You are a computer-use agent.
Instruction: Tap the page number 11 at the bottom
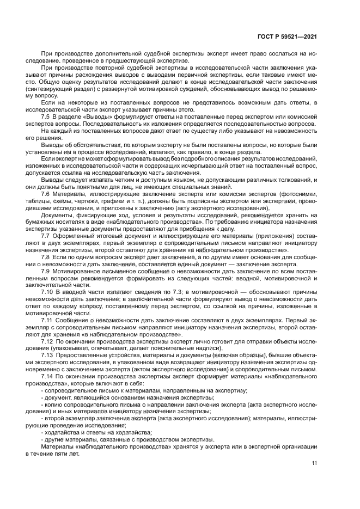click(314, 464)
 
